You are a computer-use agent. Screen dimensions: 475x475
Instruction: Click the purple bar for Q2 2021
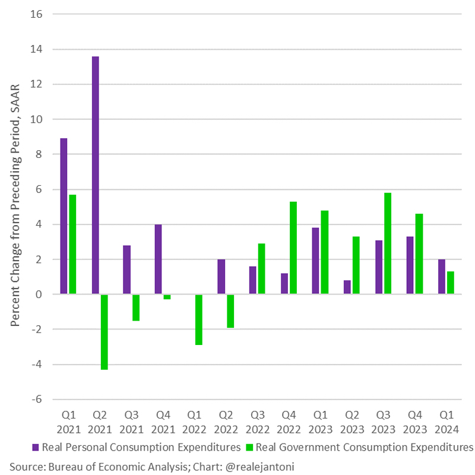[x=96, y=175]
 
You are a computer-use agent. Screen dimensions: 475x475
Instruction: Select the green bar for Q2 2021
[x=104, y=332]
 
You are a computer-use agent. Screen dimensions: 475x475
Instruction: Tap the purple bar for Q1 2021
[x=64, y=216]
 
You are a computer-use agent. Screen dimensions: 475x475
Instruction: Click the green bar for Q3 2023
[x=388, y=243]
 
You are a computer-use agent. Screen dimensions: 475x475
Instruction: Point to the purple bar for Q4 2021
[x=159, y=259]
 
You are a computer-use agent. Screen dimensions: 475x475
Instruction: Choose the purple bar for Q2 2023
[x=347, y=287]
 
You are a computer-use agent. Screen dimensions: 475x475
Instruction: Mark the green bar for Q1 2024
[x=451, y=283]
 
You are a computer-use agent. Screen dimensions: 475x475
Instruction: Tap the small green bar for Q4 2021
[x=167, y=297]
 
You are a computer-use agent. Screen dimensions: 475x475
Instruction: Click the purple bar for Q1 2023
[x=316, y=261]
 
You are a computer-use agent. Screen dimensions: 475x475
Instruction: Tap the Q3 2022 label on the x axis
[x=257, y=420]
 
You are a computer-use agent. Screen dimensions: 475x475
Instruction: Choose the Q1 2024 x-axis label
[x=446, y=420]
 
